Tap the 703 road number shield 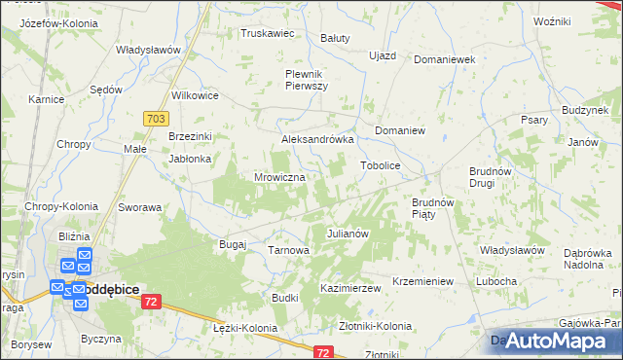(x=154, y=117)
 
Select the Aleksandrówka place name (x=316, y=139)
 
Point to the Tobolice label (x=381, y=165)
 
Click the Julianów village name (x=346, y=234)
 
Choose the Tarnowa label (x=288, y=250)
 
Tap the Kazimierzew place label (x=349, y=289)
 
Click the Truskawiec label (x=268, y=32)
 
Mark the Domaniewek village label (x=443, y=59)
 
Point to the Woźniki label (x=551, y=20)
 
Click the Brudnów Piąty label (x=433, y=208)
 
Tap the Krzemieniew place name (x=422, y=281)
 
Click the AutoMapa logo (x=550, y=341)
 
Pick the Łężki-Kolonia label (x=244, y=328)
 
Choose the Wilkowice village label (x=195, y=95)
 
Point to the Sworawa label (x=139, y=207)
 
